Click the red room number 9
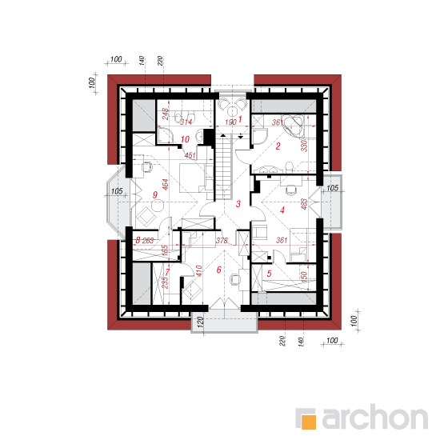[155, 194]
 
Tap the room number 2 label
[278, 146]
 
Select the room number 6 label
[219, 270]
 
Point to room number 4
[282, 210]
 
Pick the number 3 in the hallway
[238, 203]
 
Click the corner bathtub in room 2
[294, 126]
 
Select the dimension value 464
[166, 184]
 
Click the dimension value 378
[222, 241]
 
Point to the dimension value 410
[198, 270]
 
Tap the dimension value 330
[304, 146]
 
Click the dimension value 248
[166, 114]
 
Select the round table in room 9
[158, 205]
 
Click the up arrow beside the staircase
[223, 136]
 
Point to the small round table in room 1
[233, 112]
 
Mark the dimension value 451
[190, 155]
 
